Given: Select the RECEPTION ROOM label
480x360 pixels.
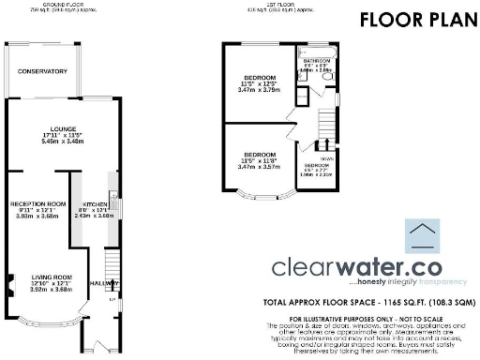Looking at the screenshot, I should pyautogui.click(x=37, y=202).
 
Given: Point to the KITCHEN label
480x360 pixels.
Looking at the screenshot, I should pyautogui.click(x=96, y=203).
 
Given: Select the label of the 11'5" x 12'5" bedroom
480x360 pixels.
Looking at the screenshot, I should pyautogui.click(x=260, y=77).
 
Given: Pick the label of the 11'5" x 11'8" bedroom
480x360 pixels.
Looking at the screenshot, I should pyautogui.click(x=260, y=154).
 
